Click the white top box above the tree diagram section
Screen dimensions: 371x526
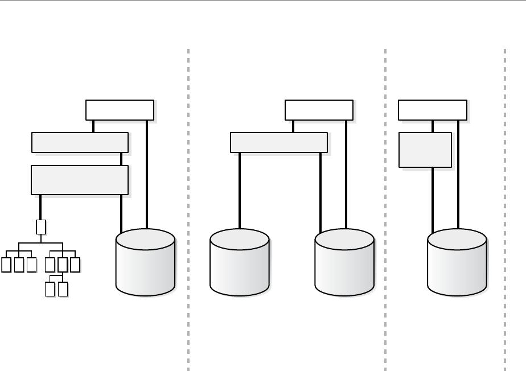point(120,110)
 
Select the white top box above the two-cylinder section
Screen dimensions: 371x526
point(319,110)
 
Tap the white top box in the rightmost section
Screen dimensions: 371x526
point(432,110)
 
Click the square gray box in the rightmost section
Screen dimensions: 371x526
point(425,150)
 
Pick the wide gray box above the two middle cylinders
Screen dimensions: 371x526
point(278,142)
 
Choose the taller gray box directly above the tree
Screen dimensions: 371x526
point(79,180)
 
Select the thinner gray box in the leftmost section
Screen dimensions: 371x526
point(79,142)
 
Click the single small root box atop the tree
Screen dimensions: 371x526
point(40,227)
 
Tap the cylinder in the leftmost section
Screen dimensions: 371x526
point(145,262)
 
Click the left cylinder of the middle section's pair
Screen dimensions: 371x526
point(239,262)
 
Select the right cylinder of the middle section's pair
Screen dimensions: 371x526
point(344,262)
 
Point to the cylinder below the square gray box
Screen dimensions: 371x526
point(457,262)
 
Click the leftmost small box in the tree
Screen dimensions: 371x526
point(6,265)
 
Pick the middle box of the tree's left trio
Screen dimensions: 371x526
point(19,265)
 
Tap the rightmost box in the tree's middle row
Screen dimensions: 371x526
point(75,265)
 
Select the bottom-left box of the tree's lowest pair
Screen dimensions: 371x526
point(50,289)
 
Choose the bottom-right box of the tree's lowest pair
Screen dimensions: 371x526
point(63,289)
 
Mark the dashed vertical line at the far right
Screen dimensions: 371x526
point(505,211)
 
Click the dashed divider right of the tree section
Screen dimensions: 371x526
point(188,211)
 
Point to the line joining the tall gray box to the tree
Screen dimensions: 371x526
point(40,207)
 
